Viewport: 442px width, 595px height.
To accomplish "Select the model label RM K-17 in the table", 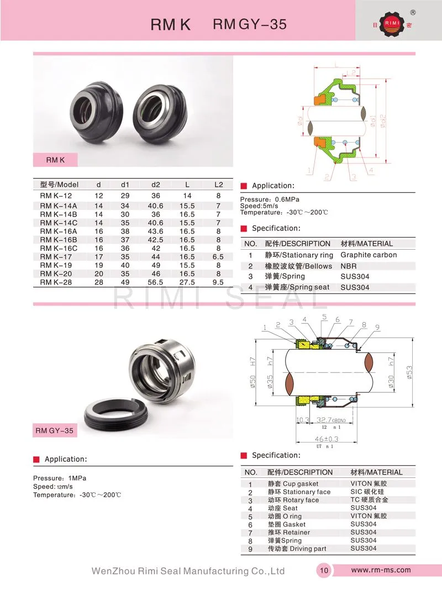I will coord(56,257).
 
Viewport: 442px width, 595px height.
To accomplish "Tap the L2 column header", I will coord(218,185).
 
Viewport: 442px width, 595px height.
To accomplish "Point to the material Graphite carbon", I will coord(369,255).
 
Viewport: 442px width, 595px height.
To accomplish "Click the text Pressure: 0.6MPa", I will coord(270,199).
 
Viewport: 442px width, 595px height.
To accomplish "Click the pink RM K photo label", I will coord(56,160).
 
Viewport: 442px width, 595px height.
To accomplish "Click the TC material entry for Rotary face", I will coord(369,500).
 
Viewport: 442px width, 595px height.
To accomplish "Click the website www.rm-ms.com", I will coord(381,570).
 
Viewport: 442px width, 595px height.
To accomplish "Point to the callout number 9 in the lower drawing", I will coord(377,327).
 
